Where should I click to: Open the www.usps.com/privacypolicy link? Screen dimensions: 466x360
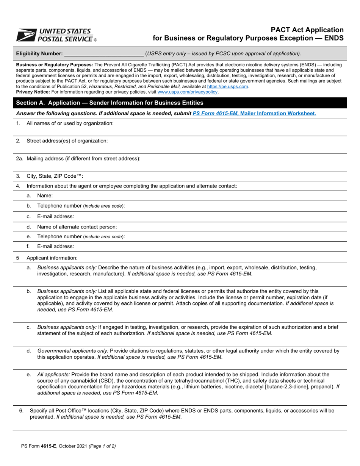coord(188,92)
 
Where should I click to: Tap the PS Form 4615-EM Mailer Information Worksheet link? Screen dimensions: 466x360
coord(254,113)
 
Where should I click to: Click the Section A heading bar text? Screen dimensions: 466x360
coord(110,103)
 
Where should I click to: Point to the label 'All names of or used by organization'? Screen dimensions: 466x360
coord(70,123)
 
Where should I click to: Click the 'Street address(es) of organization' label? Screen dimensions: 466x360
coord(67,141)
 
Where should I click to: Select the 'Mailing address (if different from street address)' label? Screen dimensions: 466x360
coord(83,158)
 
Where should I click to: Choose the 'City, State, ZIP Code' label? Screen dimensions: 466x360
coord(55,176)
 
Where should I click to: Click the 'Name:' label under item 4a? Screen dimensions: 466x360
coord(45,195)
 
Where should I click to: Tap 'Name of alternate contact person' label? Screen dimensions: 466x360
coord(77,227)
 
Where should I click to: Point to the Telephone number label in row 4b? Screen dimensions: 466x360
coord(81,206)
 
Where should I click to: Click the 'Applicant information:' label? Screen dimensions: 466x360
coord(52,258)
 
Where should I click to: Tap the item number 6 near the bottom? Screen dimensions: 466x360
coord(21,410)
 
